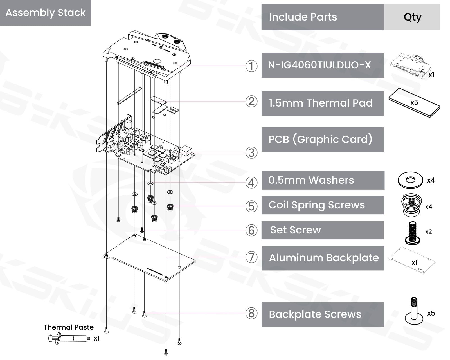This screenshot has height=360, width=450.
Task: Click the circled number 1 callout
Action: tap(251, 66)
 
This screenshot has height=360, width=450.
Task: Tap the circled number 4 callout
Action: tap(251, 183)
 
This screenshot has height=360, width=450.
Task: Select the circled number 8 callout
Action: tap(251, 313)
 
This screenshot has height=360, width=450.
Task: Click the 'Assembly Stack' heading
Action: tap(46, 13)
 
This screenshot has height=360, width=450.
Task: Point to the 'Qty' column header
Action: tap(412, 17)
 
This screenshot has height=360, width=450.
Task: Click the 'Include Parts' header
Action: tap(303, 17)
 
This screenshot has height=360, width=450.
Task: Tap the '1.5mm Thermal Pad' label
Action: tap(321, 103)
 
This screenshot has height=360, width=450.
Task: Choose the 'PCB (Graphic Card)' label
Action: tap(320, 139)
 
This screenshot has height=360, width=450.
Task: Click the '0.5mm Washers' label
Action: tap(311, 180)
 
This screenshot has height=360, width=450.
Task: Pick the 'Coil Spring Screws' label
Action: tap(316, 205)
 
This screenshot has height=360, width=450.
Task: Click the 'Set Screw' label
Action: tap(295, 230)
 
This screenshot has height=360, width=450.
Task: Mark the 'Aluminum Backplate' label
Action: tap(324, 258)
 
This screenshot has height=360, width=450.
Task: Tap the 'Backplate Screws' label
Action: tap(315, 314)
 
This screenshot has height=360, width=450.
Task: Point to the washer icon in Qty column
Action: tap(410, 180)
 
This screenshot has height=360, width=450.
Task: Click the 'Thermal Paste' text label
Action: tap(68, 327)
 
